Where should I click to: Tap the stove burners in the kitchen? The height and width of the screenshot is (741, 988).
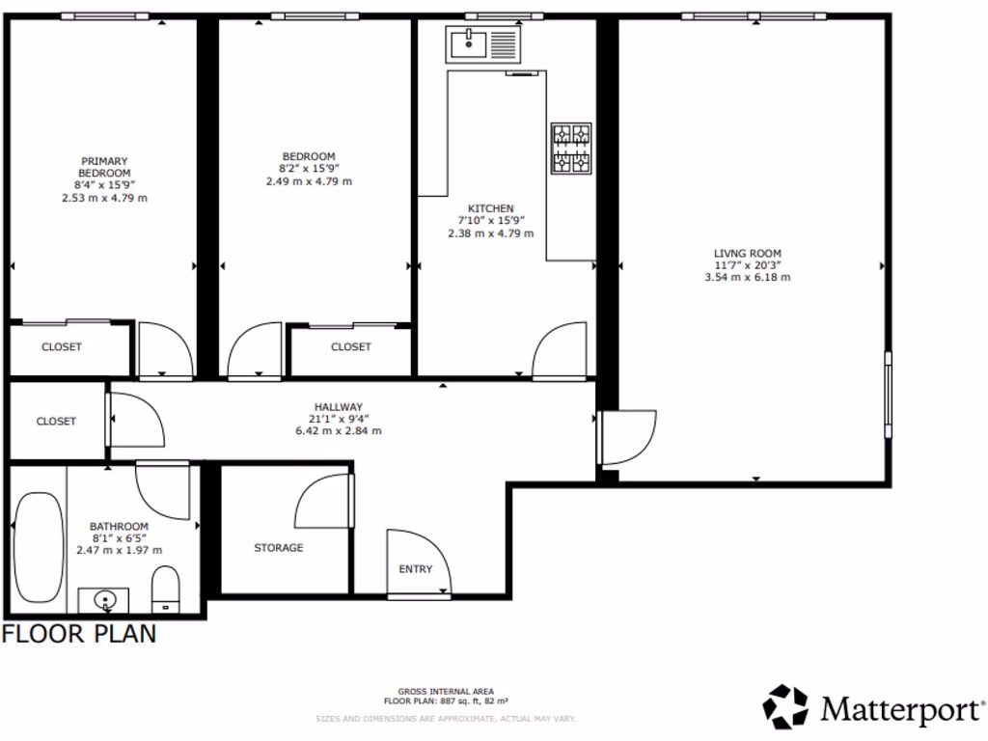click(570, 148)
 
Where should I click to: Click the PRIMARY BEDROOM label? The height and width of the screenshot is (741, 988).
click(104, 167)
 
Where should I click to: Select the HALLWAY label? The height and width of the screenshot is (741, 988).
click(338, 407)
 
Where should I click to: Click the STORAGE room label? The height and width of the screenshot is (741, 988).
click(279, 548)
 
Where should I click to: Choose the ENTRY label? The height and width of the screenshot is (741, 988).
click(416, 569)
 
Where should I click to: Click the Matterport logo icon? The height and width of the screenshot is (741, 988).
click(785, 707)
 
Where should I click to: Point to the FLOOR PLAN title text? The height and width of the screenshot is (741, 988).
click(79, 634)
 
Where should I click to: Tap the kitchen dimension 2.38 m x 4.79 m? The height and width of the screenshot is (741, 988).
click(490, 233)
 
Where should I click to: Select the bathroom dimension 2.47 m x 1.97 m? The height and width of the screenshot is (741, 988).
click(119, 550)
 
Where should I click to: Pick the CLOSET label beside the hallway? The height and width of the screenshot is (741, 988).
click(56, 422)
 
